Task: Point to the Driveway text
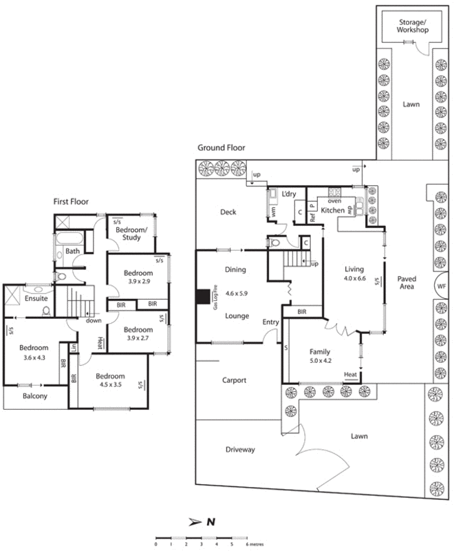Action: tap(240, 450)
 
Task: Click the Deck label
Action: tap(228, 212)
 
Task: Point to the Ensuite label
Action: tap(36, 300)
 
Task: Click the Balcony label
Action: tap(35, 397)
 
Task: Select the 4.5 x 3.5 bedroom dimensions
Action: tap(110, 386)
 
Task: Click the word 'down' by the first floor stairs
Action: tap(94, 320)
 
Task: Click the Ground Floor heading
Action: tap(221, 148)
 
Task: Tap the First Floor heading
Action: tap(76, 201)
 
